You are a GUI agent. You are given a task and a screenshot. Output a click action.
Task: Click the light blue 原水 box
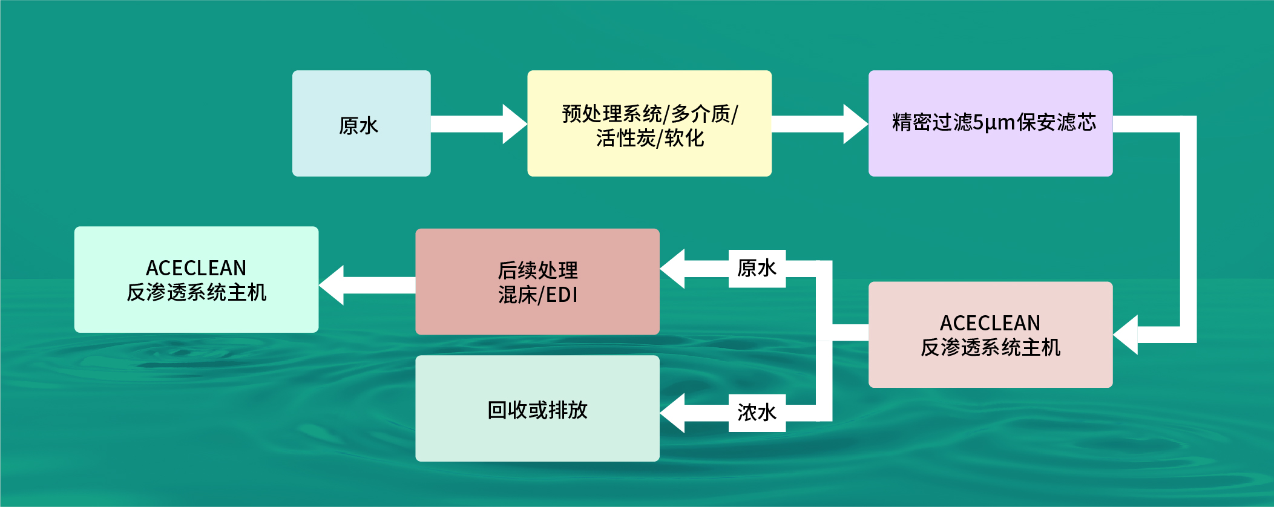click(x=361, y=123)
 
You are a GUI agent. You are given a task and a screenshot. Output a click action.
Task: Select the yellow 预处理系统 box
click(x=649, y=123)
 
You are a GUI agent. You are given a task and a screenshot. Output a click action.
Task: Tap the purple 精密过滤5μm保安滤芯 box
click(x=990, y=123)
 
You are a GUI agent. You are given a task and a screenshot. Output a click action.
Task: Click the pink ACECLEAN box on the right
click(x=990, y=335)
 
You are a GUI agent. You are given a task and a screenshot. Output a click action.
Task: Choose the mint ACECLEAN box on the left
click(x=196, y=280)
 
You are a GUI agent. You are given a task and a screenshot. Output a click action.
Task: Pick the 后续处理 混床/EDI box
click(x=537, y=281)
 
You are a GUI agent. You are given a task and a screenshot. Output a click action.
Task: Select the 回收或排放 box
click(x=537, y=408)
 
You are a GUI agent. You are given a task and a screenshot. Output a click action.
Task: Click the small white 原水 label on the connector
click(x=757, y=269)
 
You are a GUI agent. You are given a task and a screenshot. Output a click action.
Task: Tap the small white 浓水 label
click(x=757, y=413)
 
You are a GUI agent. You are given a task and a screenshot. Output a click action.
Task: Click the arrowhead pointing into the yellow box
click(x=515, y=124)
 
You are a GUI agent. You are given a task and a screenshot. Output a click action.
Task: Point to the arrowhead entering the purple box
click(x=856, y=124)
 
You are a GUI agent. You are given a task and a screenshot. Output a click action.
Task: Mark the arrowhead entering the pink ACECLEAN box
click(x=1125, y=335)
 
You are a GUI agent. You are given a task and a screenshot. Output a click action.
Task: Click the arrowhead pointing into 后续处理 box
click(x=672, y=269)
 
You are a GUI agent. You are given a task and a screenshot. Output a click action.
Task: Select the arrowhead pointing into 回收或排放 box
click(x=672, y=413)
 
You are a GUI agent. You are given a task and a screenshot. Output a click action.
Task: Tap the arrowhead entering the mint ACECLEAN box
click(x=331, y=285)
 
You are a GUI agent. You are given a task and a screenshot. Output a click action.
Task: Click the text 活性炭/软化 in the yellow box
click(x=650, y=139)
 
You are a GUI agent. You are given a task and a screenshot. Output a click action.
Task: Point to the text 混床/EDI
click(x=537, y=295)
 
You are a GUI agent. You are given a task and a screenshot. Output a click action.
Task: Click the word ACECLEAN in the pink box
click(x=990, y=323)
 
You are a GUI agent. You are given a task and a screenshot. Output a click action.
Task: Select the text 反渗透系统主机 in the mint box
click(x=196, y=293)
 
